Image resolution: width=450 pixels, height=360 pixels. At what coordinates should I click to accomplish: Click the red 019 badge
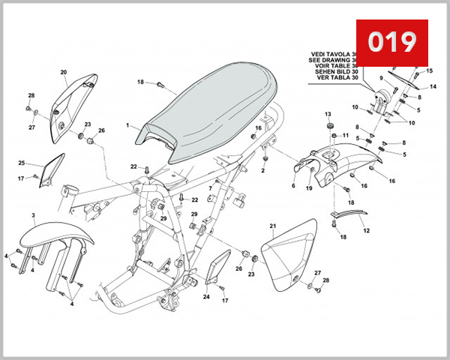391,42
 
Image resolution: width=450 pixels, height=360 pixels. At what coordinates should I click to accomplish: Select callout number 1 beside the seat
127,125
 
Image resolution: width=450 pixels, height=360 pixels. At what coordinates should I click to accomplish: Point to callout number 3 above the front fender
34,215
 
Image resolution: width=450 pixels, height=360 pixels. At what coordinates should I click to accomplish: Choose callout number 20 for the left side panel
63,72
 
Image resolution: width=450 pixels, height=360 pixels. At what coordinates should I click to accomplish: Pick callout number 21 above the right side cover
273,225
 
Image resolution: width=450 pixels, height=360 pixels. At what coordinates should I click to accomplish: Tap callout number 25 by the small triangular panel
22,163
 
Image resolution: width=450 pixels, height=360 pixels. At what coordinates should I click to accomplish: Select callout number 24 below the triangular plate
206,297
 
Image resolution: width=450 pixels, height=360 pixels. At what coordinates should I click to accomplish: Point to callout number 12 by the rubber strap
367,230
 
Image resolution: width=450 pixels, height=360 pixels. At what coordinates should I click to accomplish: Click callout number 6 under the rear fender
293,185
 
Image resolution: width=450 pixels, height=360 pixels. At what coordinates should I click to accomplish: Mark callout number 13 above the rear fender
328,113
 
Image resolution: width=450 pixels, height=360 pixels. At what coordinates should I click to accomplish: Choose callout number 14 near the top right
433,87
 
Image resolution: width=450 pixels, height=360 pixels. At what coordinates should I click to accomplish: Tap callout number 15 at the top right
430,71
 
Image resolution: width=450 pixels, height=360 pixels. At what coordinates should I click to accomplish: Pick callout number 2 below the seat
263,170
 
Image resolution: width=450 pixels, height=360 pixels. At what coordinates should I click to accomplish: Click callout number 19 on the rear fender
308,190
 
